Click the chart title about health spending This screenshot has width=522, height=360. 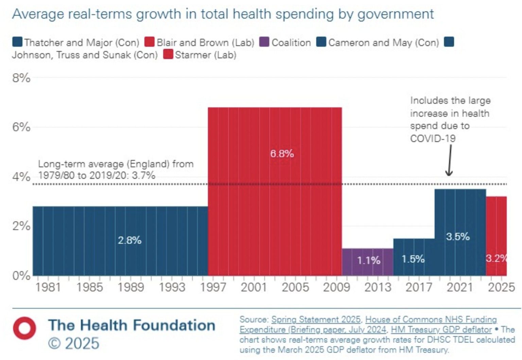223,14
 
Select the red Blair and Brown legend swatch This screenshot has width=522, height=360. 150,42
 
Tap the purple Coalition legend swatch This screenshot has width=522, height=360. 264,42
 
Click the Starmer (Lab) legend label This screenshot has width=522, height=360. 205,55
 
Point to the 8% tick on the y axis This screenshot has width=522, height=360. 21,78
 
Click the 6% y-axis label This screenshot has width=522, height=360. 21,127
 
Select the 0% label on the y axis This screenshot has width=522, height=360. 21,275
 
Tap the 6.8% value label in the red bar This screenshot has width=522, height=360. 282,154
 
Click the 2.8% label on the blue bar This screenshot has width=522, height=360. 129,240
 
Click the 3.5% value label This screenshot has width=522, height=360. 458,236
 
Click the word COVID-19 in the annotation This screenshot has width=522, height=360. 433,139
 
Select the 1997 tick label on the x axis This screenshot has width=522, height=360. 213,287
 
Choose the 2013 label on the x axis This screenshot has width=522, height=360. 378,287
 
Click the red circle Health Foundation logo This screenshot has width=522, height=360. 24,328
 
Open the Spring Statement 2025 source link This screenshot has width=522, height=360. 316,320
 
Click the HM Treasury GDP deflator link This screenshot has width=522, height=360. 441,330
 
